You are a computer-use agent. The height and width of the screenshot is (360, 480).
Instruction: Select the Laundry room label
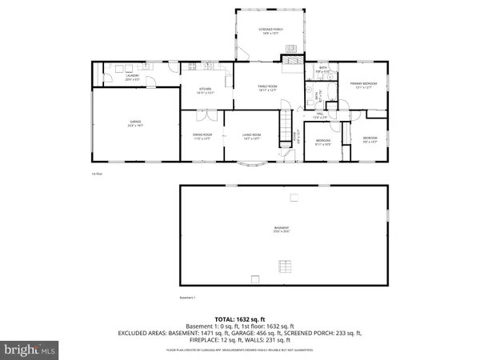[x=110, y=78]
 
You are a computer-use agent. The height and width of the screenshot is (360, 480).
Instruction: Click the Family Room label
[x=266, y=87]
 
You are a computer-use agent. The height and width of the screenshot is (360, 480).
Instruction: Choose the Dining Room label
[x=202, y=137]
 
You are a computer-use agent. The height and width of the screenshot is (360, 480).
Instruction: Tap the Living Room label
[x=253, y=137]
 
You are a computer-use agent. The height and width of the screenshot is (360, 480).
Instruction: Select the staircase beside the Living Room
[x=286, y=126]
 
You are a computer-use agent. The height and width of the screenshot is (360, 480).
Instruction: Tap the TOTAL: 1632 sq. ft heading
[x=240, y=318]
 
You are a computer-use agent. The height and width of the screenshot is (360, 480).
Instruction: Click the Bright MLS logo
[x=30, y=350]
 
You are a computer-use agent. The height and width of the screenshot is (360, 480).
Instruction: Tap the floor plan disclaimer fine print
[x=240, y=350]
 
